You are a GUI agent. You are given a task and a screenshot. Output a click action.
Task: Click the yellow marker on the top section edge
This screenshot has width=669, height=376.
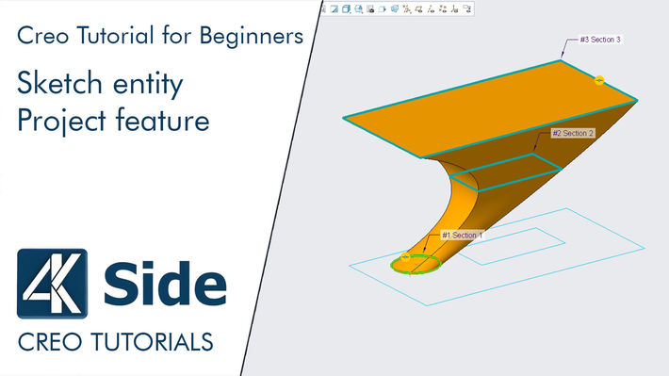click(x=600, y=79)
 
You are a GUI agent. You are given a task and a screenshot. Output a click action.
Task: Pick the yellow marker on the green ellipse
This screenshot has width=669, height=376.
click(x=405, y=256)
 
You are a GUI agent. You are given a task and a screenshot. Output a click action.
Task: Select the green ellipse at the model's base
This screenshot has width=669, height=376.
click(x=416, y=265)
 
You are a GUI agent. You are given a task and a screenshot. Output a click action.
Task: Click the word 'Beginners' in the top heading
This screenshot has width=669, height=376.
click(x=255, y=37)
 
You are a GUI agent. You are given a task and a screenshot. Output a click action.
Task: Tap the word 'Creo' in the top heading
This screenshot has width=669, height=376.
click(x=41, y=37)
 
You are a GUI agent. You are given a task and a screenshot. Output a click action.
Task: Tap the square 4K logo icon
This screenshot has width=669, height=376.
click(x=52, y=284)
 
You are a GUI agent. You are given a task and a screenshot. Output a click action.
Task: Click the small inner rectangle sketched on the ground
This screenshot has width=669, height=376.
click(x=504, y=244)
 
